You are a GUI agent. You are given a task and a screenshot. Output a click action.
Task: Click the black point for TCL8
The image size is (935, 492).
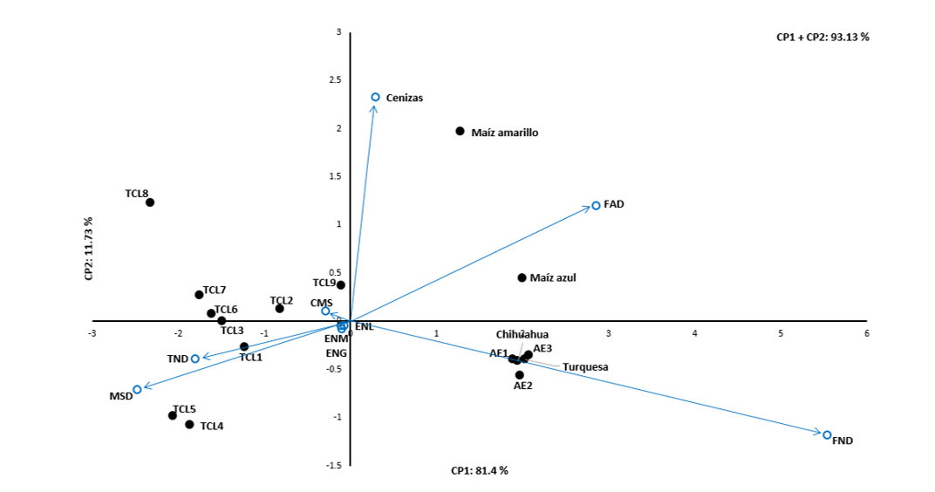[x=150, y=202]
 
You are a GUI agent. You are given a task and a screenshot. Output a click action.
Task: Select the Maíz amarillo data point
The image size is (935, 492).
[x=460, y=131]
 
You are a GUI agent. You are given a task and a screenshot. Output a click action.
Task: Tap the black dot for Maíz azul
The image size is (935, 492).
[x=522, y=277]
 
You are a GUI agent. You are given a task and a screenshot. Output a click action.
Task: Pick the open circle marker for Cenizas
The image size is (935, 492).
[x=376, y=97]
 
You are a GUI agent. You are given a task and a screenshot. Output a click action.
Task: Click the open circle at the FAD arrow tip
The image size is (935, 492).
[x=596, y=206]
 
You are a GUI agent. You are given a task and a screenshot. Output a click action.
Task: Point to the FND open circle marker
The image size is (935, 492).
[x=827, y=434]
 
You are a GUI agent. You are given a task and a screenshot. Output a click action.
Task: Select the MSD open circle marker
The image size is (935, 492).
[x=137, y=389]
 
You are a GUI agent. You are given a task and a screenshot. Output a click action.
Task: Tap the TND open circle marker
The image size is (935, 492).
[x=195, y=359]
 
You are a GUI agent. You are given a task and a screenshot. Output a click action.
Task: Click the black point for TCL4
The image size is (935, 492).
[x=189, y=424]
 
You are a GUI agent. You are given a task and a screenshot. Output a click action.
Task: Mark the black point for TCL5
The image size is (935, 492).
[x=173, y=415]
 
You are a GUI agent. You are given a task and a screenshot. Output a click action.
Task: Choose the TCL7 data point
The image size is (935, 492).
[x=199, y=294]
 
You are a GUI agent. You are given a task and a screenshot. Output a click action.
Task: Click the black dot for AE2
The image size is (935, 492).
[x=520, y=374]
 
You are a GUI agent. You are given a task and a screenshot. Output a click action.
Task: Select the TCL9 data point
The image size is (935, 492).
[x=341, y=284]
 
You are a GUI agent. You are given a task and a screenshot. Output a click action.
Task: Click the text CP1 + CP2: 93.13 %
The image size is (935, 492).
[x=822, y=37]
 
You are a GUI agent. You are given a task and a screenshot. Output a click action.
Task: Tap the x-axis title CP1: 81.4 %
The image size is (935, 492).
[x=479, y=470]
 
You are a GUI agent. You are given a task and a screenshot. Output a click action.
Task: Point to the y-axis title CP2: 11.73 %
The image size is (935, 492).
[x=88, y=249]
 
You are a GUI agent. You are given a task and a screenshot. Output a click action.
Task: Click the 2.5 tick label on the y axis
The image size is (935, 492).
[x=335, y=80]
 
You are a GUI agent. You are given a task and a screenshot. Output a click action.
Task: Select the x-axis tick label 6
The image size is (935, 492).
[x=866, y=332]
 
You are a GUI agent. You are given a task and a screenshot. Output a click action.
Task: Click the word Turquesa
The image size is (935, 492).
[x=585, y=367]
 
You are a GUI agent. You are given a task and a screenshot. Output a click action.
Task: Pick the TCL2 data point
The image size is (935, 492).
[x=279, y=308]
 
